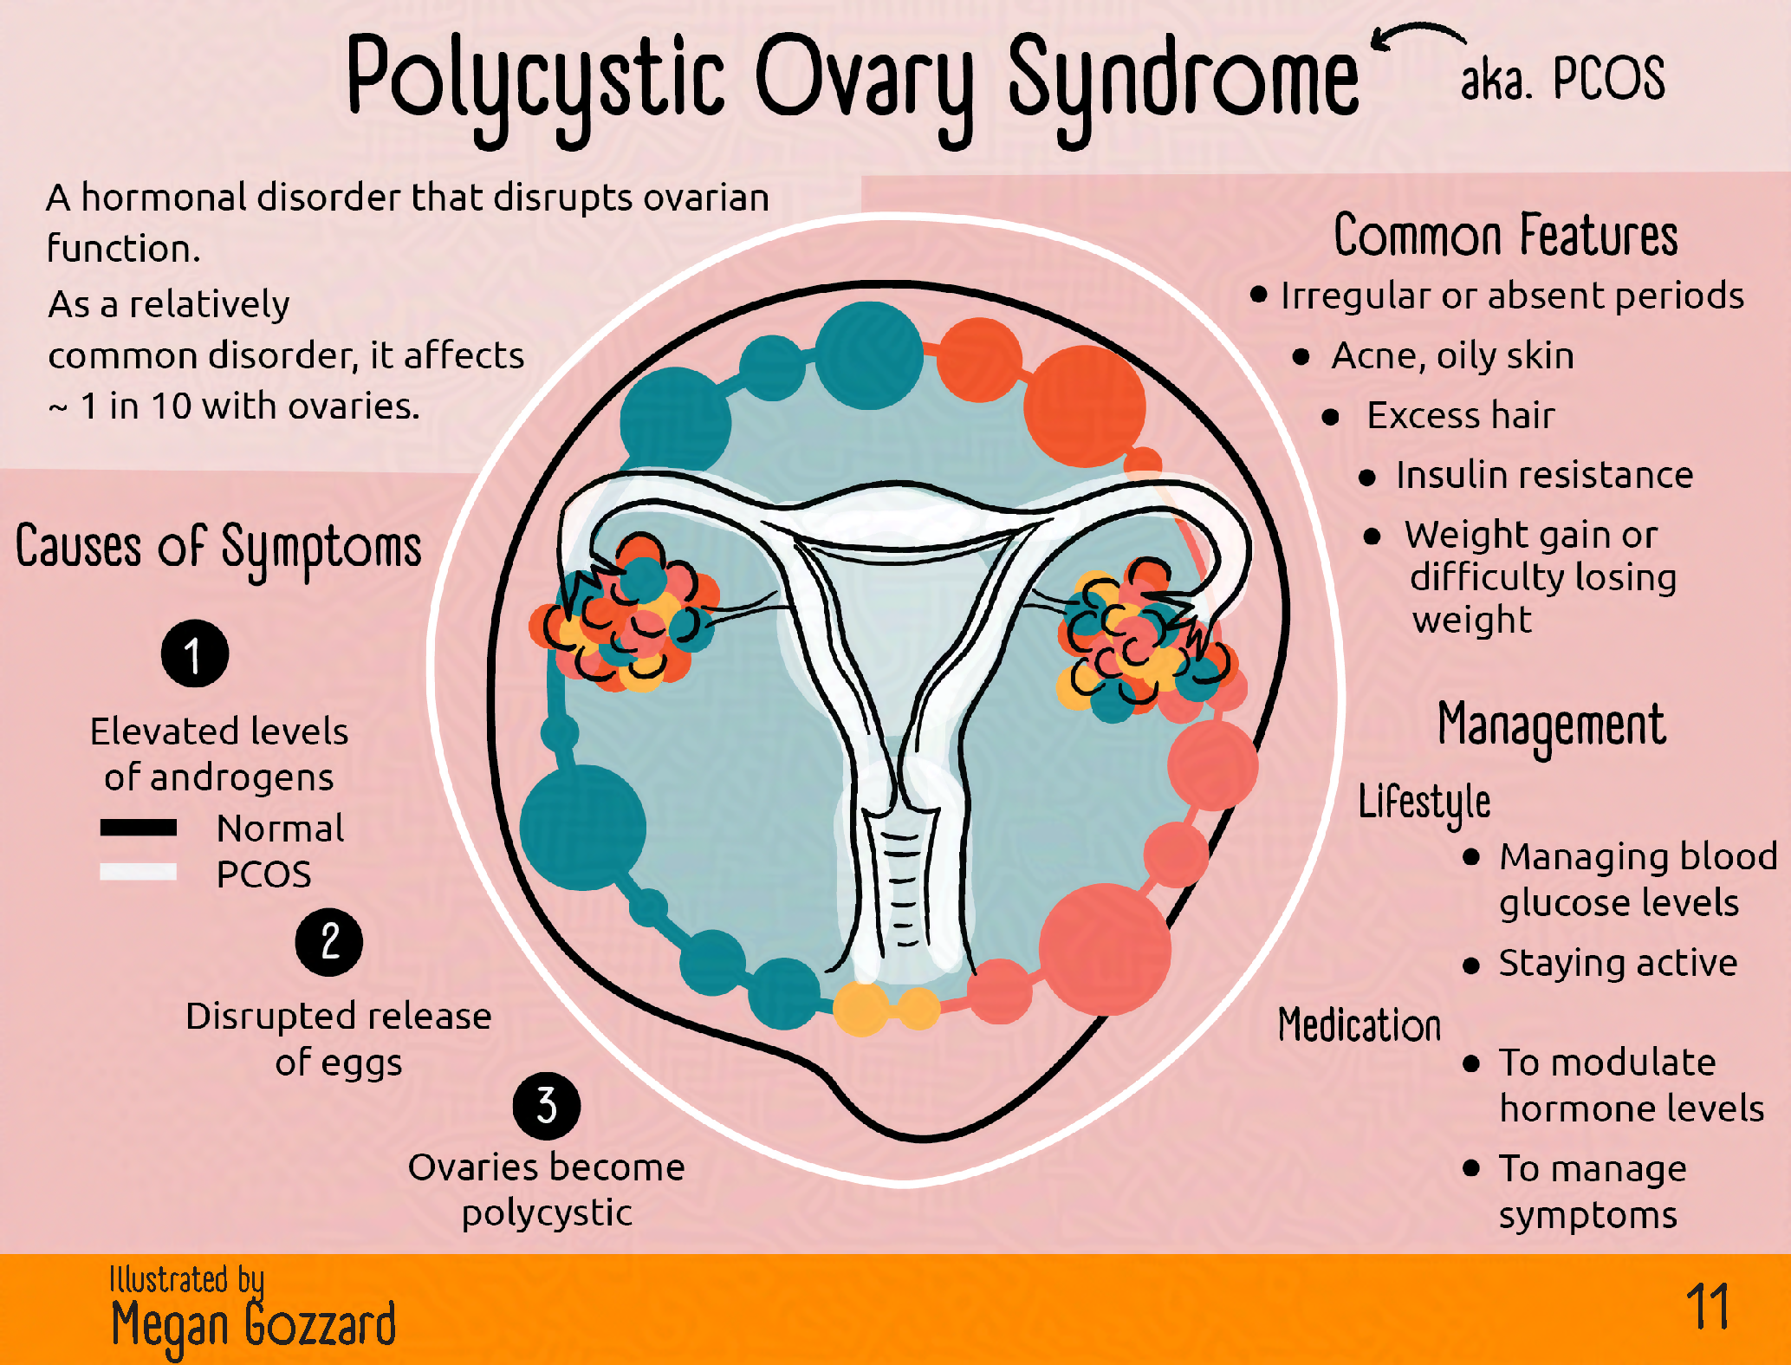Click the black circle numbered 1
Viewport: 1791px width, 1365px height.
coord(195,653)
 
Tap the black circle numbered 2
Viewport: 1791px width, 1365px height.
coord(329,942)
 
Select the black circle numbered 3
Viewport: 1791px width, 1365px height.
coord(547,1106)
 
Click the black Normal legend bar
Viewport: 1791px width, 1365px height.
coord(139,828)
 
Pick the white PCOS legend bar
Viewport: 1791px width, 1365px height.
coord(139,872)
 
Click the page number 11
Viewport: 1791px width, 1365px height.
coord(1707,1307)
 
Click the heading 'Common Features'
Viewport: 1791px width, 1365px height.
coord(1505,236)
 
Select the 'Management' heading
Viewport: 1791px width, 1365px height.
coord(1551,726)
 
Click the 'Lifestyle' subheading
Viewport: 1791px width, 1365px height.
coord(1424,802)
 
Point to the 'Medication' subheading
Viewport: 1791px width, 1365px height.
coord(1359,1025)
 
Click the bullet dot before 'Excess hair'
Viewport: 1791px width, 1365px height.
coord(1331,418)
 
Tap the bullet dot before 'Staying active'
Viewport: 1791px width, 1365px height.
coord(1470,965)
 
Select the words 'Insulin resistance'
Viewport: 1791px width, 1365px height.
coord(1544,475)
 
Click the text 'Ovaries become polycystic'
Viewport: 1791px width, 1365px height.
coord(547,1189)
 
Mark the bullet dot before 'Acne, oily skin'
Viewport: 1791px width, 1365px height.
coord(1301,357)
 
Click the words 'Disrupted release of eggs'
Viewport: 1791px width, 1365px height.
coord(339,1038)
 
